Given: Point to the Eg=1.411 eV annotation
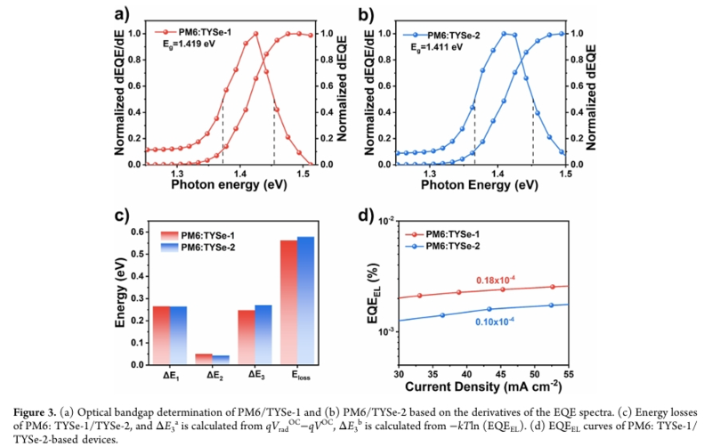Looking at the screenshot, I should click(x=431, y=45).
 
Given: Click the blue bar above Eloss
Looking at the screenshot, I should click(x=305, y=300).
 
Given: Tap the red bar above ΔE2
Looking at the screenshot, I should click(x=204, y=359).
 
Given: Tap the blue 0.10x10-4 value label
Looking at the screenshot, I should click(x=491, y=321).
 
